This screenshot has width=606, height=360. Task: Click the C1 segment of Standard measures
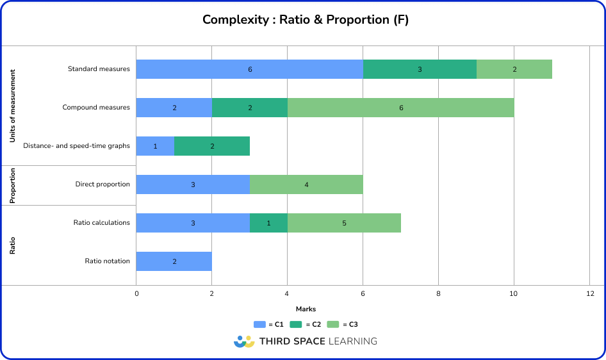[x=250, y=69]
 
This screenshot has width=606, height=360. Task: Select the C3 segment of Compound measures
[x=401, y=108]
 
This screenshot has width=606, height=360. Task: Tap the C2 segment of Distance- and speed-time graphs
[x=212, y=146]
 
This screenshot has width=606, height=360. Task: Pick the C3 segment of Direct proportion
[x=306, y=184]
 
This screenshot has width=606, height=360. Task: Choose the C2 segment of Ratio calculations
[x=268, y=223]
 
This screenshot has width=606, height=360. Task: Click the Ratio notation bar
[x=174, y=261]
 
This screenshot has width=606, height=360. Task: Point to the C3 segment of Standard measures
[x=514, y=69]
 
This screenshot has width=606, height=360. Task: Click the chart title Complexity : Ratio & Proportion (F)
[x=306, y=20]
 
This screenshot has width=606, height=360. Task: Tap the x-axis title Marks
[x=306, y=309]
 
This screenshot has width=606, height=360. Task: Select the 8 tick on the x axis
[x=438, y=293]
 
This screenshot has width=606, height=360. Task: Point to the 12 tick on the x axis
[x=589, y=293]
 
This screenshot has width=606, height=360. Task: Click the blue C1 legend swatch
[x=259, y=325]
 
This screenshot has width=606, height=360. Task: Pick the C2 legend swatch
[x=296, y=325]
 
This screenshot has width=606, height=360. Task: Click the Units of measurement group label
[x=13, y=106]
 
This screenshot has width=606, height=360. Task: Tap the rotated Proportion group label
[x=13, y=186]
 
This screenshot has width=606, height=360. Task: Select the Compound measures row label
[x=96, y=108]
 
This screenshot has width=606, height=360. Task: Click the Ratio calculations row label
[x=102, y=223]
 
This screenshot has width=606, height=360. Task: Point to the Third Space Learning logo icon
[x=244, y=341]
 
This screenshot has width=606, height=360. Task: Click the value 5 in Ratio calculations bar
[x=344, y=223]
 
